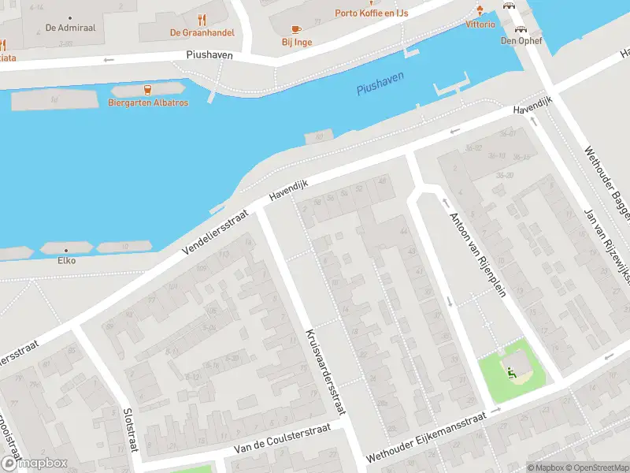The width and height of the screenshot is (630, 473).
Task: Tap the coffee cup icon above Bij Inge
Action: [x=296, y=29]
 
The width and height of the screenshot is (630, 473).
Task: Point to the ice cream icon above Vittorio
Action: [x=480, y=11]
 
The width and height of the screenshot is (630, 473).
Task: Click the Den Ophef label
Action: [x=521, y=41]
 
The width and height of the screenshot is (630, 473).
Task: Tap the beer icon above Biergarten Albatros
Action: [x=147, y=90]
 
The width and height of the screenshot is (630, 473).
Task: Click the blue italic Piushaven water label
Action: [x=380, y=82]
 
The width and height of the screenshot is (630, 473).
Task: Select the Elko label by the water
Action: [x=67, y=260]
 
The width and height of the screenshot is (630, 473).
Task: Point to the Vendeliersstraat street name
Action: [x=215, y=233]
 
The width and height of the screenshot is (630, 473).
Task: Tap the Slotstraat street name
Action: [x=130, y=430]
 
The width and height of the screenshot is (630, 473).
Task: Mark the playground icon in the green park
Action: [x=513, y=372]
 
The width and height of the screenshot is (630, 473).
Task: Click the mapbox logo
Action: [x=33, y=464]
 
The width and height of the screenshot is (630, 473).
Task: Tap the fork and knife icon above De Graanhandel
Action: [x=202, y=20]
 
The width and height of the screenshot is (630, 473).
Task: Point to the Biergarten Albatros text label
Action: [x=148, y=102]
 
